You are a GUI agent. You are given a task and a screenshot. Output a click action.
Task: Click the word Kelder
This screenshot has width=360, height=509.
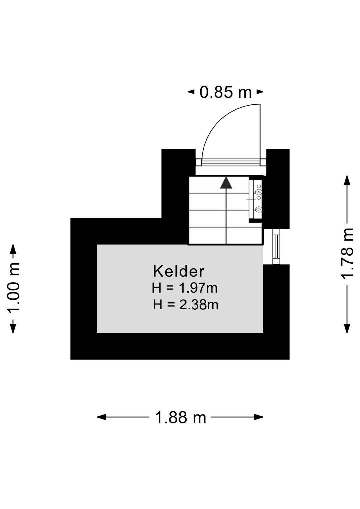pos(179,271)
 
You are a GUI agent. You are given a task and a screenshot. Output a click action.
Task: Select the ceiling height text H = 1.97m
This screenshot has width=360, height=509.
pos(185,288)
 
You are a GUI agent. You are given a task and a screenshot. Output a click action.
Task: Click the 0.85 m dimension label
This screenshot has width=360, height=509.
pos(226,92)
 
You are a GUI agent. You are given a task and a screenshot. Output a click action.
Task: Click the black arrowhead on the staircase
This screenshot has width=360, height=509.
pos(226,183)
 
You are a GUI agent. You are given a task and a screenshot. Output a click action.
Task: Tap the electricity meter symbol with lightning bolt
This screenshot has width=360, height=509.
pos(258,193)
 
